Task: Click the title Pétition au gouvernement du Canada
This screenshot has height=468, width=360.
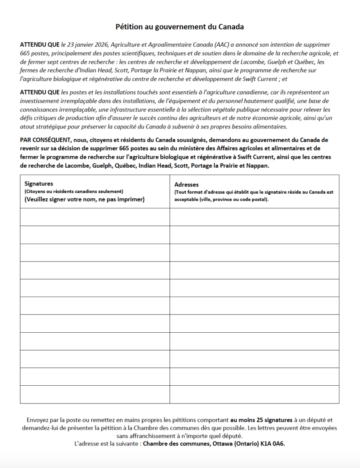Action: click(x=180, y=27)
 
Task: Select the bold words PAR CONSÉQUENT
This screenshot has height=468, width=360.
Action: click(x=45, y=140)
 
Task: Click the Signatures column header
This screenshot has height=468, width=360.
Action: click(x=39, y=184)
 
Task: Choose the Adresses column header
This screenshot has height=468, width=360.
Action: click(x=186, y=185)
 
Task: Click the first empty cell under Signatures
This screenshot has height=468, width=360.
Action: click(x=95, y=217)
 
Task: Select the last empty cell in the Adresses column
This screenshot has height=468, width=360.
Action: click(x=254, y=394)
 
